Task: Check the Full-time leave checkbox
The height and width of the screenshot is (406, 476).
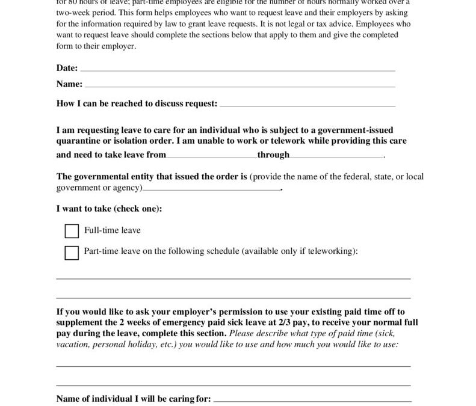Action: click(x=72, y=231)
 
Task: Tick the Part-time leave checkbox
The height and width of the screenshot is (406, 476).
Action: click(x=72, y=253)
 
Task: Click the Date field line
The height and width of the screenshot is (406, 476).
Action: click(x=237, y=70)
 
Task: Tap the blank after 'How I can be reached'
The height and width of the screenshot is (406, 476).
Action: click(x=308, y=105)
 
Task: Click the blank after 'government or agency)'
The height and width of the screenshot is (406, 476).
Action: click(x=211, y=189)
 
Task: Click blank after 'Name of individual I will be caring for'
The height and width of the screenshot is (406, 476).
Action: click(x=313, y=399)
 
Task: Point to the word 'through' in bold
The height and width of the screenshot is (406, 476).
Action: click(x=273, y=155)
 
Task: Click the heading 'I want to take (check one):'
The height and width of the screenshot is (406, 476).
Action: click(x=109, y=209)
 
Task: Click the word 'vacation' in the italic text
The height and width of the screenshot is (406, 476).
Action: click(x=72, y=345)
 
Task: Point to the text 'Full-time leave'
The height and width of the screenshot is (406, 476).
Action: click(x=113, y=230)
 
